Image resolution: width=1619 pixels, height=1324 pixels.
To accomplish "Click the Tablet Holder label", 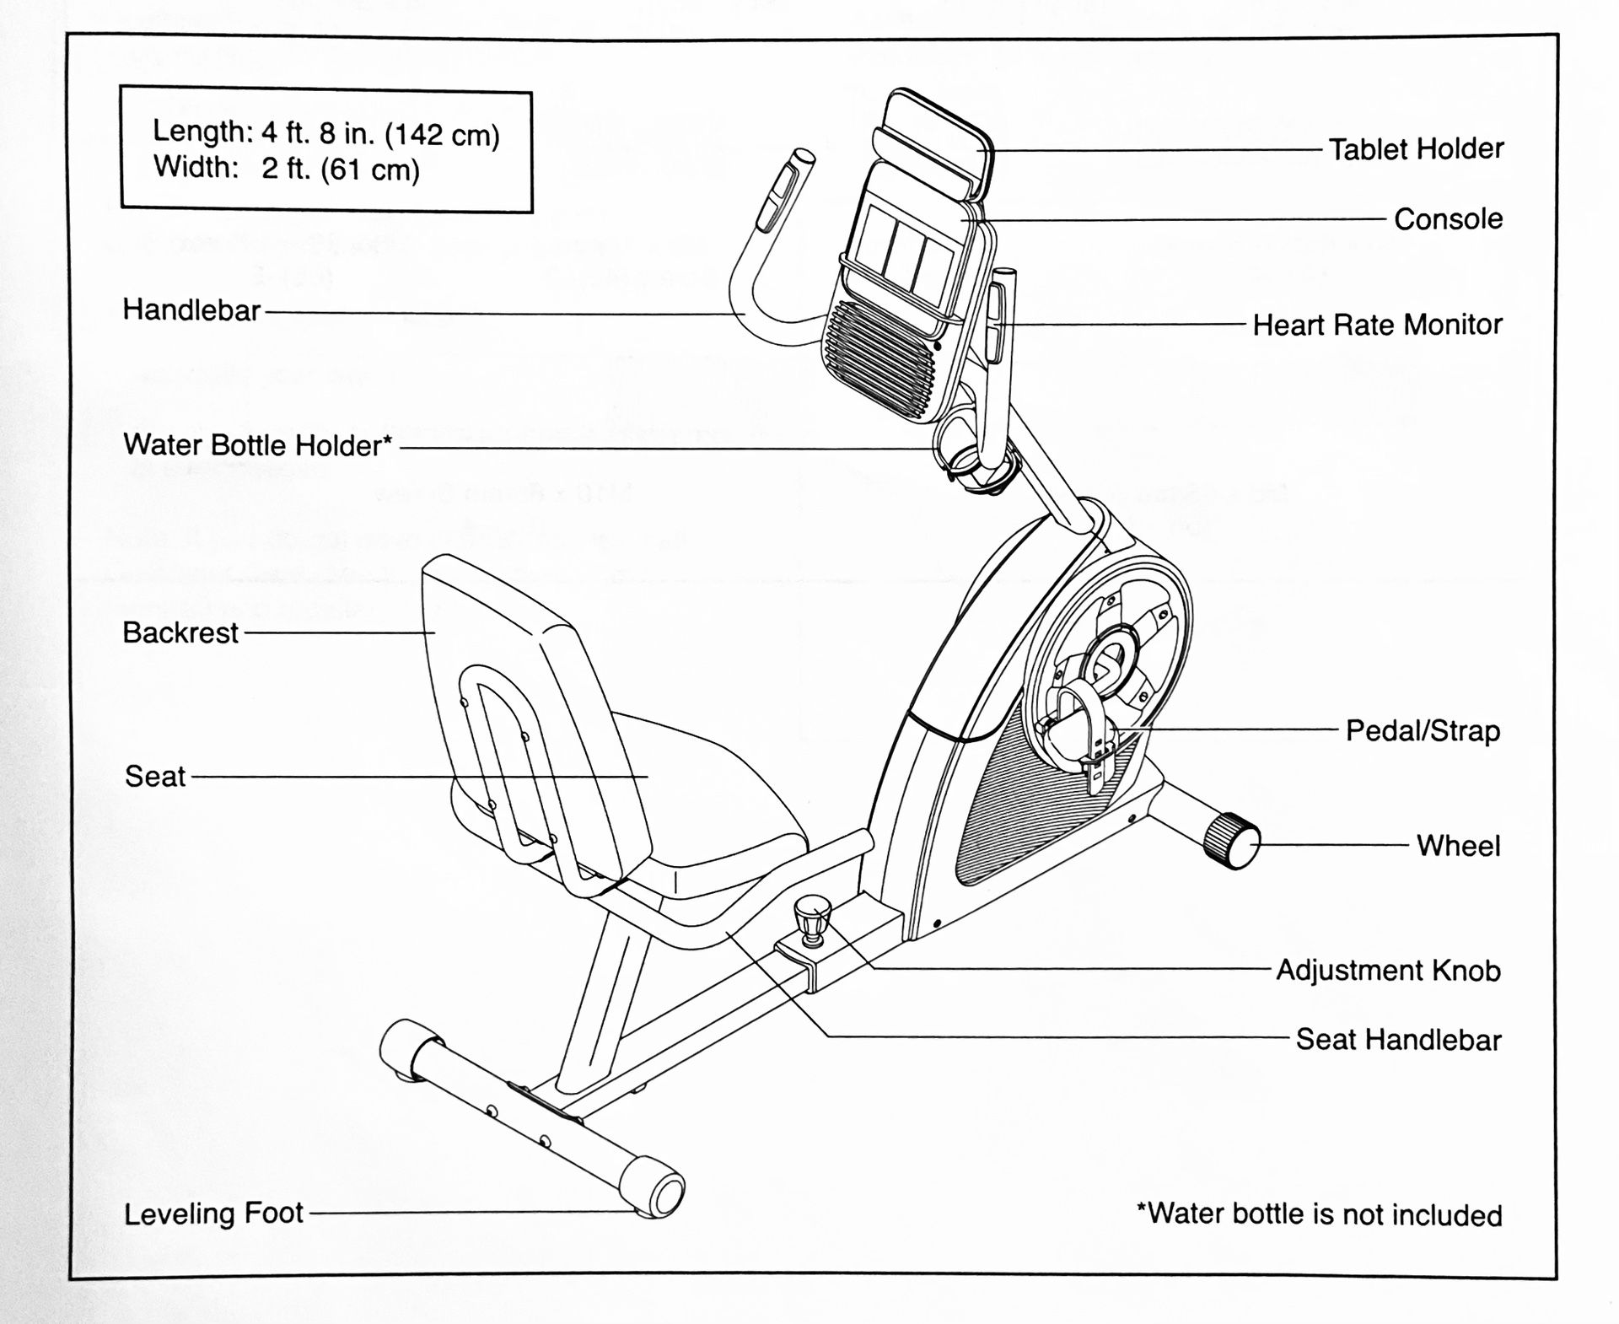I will coord(1416,149).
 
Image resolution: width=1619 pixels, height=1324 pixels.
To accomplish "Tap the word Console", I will coord(1448,219).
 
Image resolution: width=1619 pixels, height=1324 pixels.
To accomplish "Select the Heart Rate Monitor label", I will coord(1377,325).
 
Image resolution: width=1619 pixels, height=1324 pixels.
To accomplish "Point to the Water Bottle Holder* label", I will coord(258,445).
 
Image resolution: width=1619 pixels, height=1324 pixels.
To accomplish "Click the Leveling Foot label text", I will coord(213,1214).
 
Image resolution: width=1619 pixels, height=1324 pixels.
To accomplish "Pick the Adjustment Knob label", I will coord(1388,970).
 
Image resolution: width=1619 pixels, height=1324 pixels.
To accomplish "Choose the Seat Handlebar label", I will coord(1398,1039).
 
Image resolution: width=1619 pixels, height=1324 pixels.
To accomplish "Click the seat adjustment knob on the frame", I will coord(812,919).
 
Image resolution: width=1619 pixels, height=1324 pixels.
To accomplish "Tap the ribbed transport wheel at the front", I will coord(1232,840).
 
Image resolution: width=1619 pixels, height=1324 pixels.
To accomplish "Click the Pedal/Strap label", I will coord(1422,730).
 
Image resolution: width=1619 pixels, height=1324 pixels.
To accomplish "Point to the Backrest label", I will coord(180,632).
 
